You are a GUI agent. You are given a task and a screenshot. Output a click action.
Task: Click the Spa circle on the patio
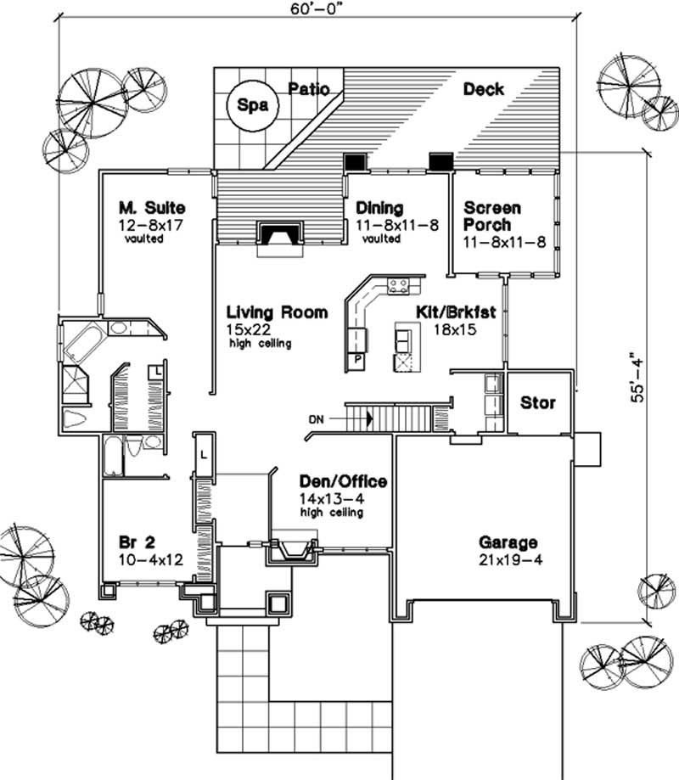[247, 106]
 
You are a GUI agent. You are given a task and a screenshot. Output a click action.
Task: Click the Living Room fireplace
[278, 235]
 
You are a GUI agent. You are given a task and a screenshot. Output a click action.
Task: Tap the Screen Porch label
[492, 216]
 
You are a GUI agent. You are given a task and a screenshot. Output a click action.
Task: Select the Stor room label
[538, 401]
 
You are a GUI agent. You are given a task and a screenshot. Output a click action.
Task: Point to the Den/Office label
[343, 482]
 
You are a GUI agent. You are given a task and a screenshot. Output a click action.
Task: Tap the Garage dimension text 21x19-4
[508, 559]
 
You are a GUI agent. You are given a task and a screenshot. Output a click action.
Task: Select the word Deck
[484, 89]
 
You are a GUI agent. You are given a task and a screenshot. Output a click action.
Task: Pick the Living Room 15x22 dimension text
[244, 329]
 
